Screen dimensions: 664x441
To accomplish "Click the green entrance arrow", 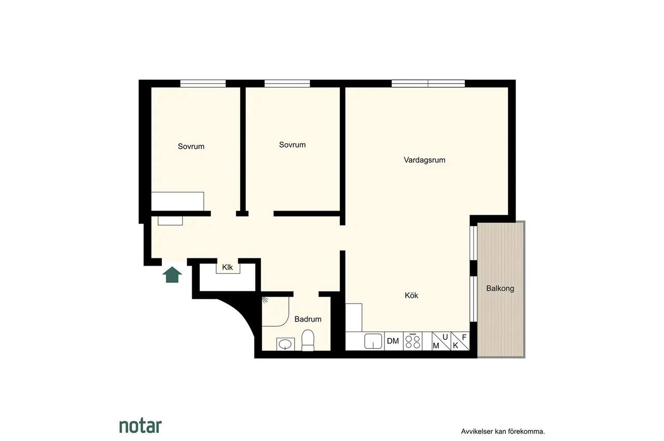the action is tap(172, 274).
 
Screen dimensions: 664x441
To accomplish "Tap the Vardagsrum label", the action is tap(424, 160).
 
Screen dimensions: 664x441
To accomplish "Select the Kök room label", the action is tap(411, 295).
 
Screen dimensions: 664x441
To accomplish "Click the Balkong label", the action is tap(500, 288).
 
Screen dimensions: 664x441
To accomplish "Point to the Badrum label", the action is tap(308, 319).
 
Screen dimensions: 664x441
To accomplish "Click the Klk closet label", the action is tap(227, 267).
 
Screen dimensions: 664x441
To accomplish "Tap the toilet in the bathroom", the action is tap(308, 340).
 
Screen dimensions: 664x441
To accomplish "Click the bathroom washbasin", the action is tap(285, 344).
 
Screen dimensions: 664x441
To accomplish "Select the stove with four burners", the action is tap(412, 341).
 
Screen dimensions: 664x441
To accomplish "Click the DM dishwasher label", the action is tap(393, 341).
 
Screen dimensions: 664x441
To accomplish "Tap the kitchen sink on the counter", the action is tap(373, 341).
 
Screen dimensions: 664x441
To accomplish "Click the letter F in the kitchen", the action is tap(464, 337).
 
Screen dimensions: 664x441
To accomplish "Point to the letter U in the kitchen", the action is tap(445, 337).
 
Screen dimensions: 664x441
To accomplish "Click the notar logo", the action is tap(141, 426).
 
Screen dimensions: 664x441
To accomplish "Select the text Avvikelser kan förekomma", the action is tap(503, 432).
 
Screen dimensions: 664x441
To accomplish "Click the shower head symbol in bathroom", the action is tap(265, 300).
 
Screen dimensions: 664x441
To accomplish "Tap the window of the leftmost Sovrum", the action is tap(203, 84).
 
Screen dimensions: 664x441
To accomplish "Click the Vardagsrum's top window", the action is tap(428, 84).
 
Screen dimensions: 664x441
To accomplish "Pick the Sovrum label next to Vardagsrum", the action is tap(292, 145).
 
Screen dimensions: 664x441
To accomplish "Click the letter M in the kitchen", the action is tap(436, 346).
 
